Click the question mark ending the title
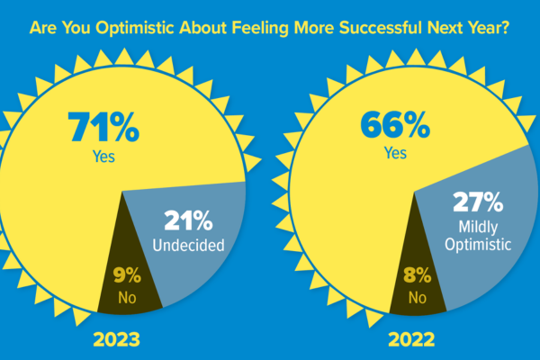point(505,28)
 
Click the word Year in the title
point(481,28)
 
